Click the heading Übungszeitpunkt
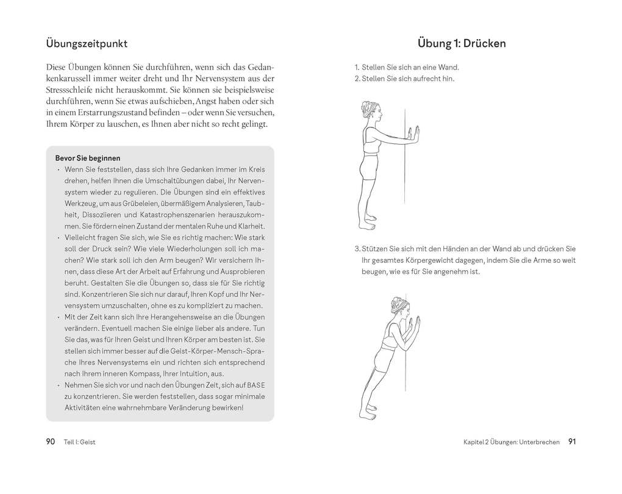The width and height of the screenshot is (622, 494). pyautogui.click(x=87, y=44)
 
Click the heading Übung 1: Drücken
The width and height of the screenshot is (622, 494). pyautogui.click(x=462, y=44)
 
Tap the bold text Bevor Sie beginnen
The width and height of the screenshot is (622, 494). pyautogui.click(x=87, y=158)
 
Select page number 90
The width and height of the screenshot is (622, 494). pyautogui.click(x=51, y=442)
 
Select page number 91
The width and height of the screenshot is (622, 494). pyautogui.click(x=571, y=442)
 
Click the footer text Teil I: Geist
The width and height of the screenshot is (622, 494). pyautogui.click(x=79, y=443)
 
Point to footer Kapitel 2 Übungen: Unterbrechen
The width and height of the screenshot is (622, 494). pyautogui.click(x=511, y=443)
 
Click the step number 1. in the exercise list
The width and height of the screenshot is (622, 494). pyautogui.click(x=357, y=68)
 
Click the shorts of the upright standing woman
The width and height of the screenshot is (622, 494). pyautogui.click(x=369, y=168)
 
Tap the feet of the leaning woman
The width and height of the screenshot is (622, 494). pyautogui.click(x=366, y=415)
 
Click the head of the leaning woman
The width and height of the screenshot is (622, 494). pyautogui.click(x=399, y=309)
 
